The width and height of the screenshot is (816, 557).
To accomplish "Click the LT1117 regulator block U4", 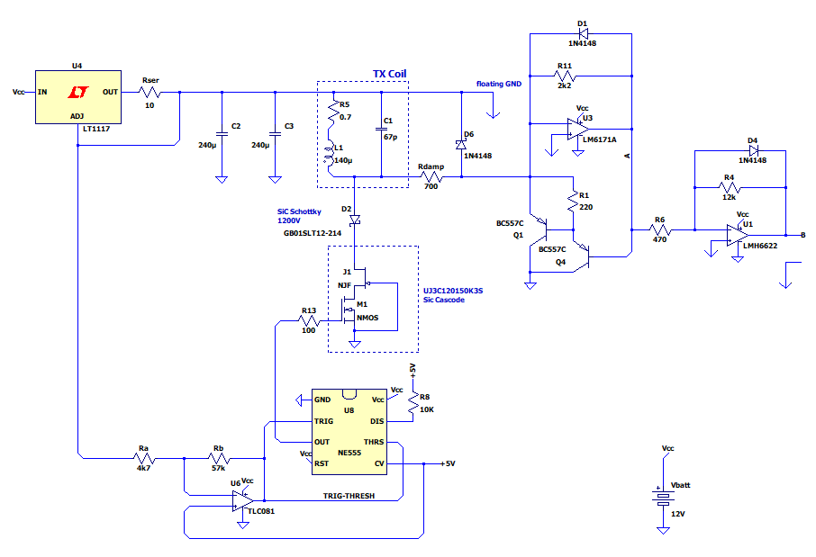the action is pyautogui.click(x=78, y=97).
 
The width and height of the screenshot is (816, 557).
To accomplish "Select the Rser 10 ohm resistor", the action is pyautogui.click(x=150, y=93).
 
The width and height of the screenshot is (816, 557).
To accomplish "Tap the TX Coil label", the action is pyautogui.click(x=389, y=74).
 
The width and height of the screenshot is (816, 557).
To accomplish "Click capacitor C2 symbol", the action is pyautogui.click(x=222, y=134).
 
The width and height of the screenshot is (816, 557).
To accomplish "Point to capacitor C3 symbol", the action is pyautogui.click(x=275, y=134).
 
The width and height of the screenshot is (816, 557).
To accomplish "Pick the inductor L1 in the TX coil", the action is pyautogui.click(x=329, y=156).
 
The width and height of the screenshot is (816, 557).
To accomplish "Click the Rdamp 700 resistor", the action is pyautogui.click(x=431, y=177).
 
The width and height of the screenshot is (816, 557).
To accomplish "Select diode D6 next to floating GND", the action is pyautogui.click(x=461, y=145).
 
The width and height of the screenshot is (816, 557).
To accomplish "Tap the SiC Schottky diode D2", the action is pyautogui.click(x=355, y=220).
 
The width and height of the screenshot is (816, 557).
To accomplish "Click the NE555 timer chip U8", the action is pyautogui.click(x=349, y=432).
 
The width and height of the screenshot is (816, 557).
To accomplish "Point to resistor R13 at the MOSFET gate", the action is pyautogui.click(x=309, y=321).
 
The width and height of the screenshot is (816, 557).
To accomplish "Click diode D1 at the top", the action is pyautogui.click(x=584, y=34).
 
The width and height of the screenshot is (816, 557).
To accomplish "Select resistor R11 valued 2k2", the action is pyautogui.click(x=565, y=76).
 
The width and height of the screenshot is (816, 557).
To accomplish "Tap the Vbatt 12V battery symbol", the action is pyautogui.click(x=663, y=499).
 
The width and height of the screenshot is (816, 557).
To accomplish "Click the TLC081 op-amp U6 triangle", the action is pyautogui.click(x=243, y=501).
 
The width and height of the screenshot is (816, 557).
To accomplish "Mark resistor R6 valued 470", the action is pyautogui.click(x=660, y=229).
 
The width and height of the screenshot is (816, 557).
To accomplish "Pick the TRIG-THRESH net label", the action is pyautogui.click(x=349, y=496).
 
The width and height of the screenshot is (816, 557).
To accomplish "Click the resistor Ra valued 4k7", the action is pyautogui.click(x=143, y=458).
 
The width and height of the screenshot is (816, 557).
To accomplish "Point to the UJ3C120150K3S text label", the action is pyautogui.click(x=453, y=291).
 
